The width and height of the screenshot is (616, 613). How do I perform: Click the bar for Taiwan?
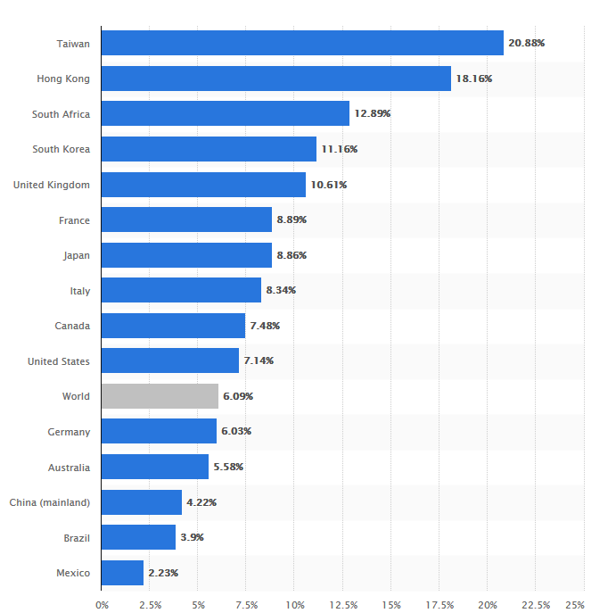pyautogui.click(x=302, y=43)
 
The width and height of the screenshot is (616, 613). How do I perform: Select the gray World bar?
pyautogui.click(x=160, y=396)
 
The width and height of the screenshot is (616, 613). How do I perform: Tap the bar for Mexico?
pyautogui.click(x=122, y=573)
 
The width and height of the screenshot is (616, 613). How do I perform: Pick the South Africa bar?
pyautogui.click(x=225, y=113)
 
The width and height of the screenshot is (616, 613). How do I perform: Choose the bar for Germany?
pyautogui.click(x=159, y=432)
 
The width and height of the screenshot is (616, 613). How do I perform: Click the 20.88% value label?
pyautogui.click(x=526, y=43)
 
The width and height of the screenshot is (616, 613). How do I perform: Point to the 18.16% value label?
pyautogui.click(x=473, y=79)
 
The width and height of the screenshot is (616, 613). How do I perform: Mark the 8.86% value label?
pyautogui.click(x=292, y=255)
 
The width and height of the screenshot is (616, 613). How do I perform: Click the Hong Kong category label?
pyautogui.click(x=63, y=79)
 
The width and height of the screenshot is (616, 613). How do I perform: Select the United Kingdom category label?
pyautogui.click(x=52, y=185)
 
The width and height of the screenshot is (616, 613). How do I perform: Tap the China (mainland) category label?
pyautogui.click(x=50, y=502)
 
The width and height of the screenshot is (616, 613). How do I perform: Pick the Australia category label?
pyautogui.click(x=69, y=467)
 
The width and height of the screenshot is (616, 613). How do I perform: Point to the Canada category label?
pyautogui.click(x=72, y=326)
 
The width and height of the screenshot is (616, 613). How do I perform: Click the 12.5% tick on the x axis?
pyautogui.click(x=343, y=605)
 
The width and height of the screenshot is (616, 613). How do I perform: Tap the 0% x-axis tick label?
pyautogui.click(x=102, y=605)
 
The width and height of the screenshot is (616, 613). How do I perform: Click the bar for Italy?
pyautogui.click(x=181, y=290)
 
